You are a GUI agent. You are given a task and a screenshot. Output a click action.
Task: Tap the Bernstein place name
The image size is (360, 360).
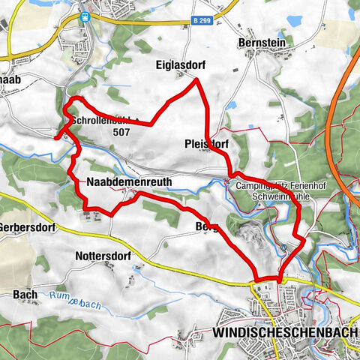pos(262,43)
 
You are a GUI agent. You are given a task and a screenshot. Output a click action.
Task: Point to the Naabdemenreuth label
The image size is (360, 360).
pos(129,182)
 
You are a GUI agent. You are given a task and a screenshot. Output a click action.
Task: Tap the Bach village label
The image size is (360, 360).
pos(20,295)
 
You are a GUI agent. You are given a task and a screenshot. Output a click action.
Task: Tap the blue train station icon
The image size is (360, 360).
pos(86,14)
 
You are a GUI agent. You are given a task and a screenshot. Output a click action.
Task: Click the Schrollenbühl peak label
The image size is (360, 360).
pos(97,120)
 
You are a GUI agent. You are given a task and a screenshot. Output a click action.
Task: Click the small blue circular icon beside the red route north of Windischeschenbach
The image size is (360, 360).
pos(283,250)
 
